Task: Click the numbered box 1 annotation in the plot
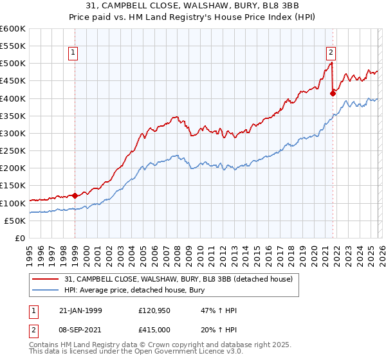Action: tap(74, 53)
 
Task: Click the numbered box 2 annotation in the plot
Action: tap(331, 53)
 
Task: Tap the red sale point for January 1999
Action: tap(75, 195)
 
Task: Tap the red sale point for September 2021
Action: tap(333, 93)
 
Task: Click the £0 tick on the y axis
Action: tap(20, 238)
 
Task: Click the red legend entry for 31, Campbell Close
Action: tap(178, 279)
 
